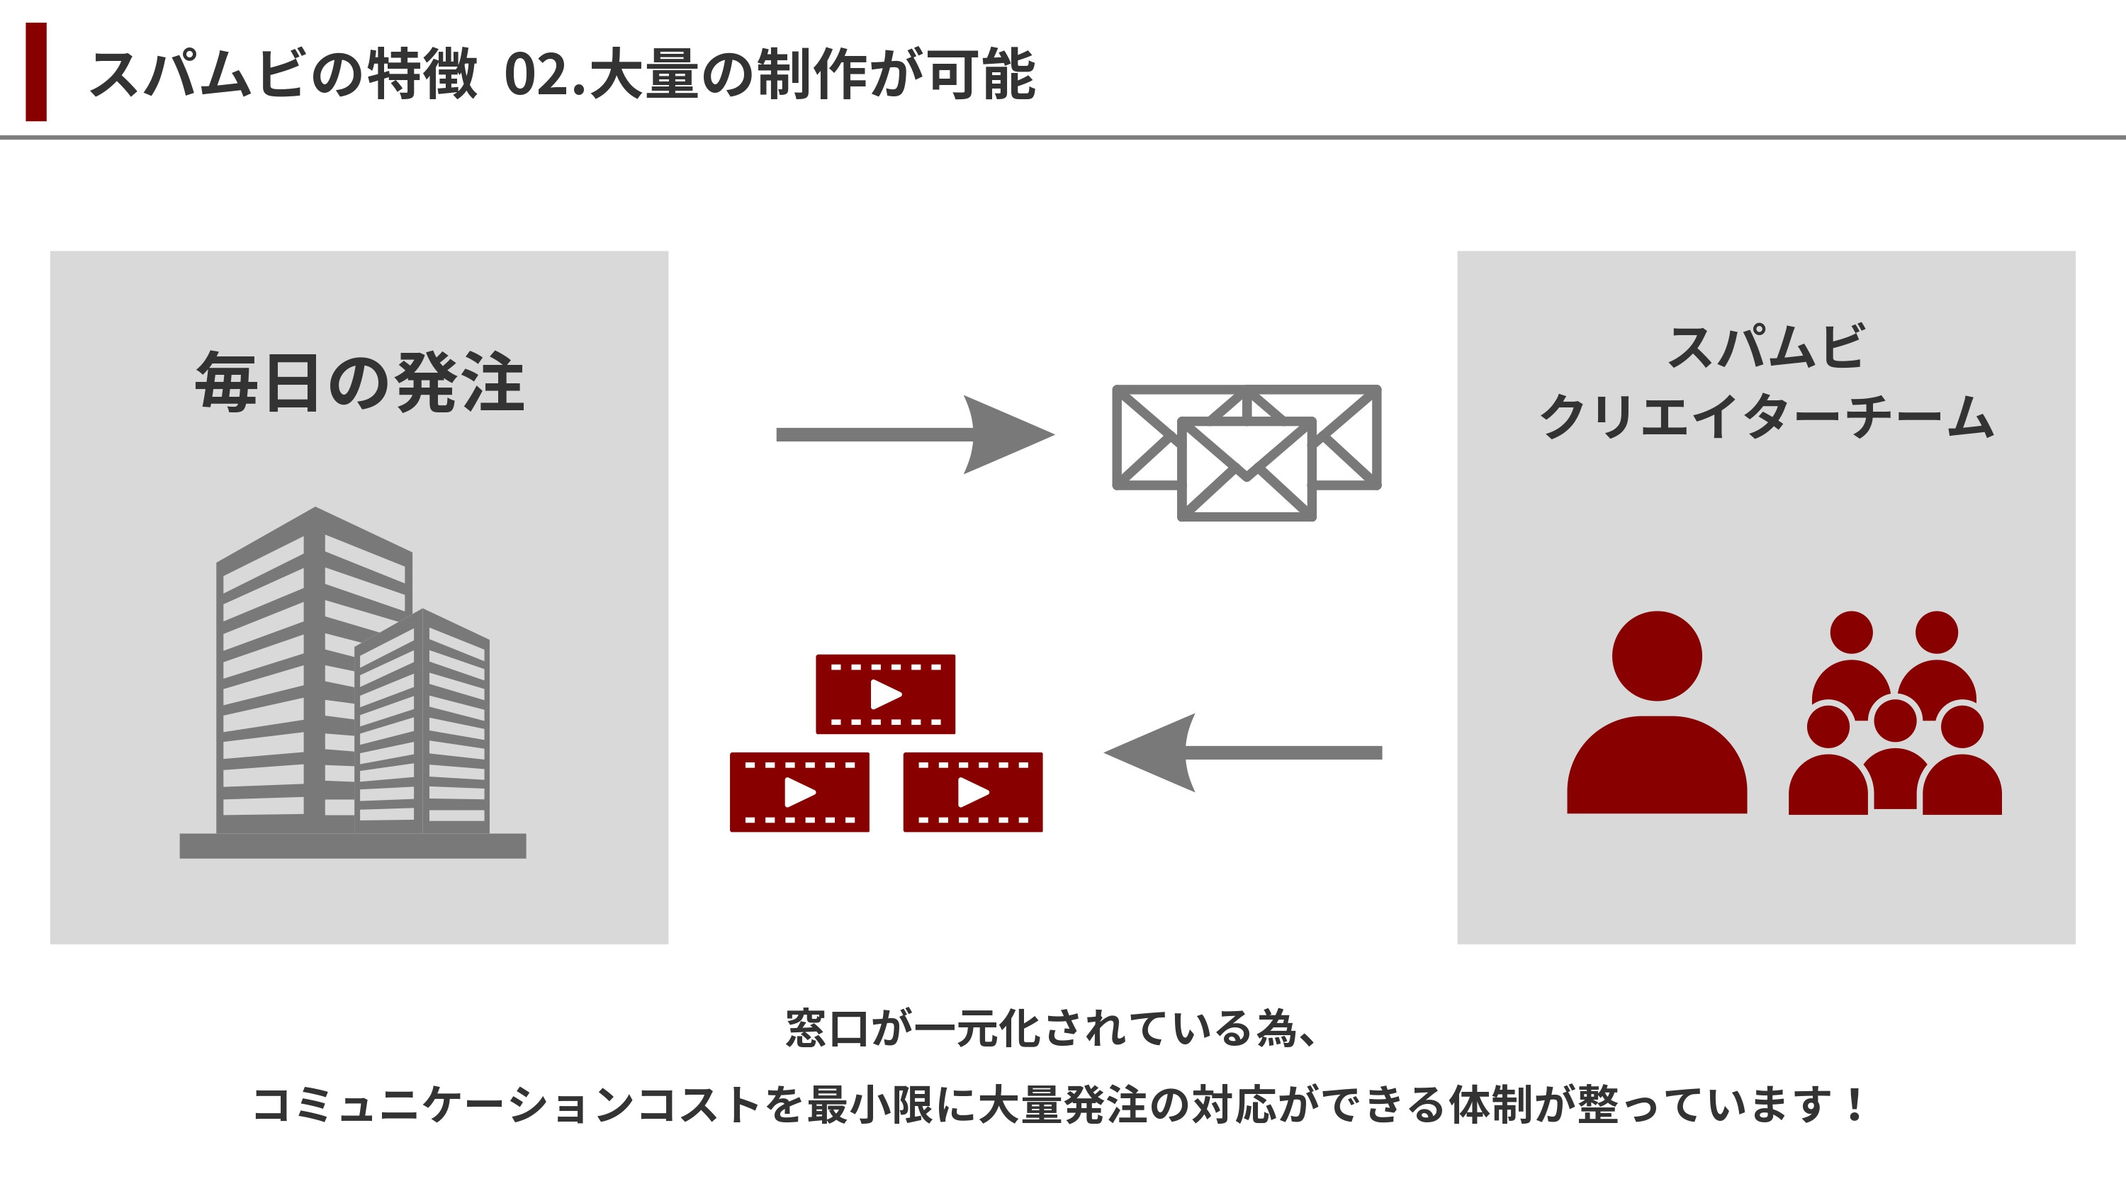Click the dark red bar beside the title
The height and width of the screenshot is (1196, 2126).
coord(36,72)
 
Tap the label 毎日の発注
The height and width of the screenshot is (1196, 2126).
coord(359,382)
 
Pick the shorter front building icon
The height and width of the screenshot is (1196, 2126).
coord(422,726)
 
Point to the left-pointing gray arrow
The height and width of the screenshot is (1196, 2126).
coord(1242,752)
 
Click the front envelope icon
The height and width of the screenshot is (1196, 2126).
coord(1247,469)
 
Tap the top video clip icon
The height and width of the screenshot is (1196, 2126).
coord(886,694)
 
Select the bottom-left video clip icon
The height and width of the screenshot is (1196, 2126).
coord(799,791)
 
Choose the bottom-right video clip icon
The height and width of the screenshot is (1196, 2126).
coord(973,791)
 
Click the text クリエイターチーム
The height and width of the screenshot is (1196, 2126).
coord(1766,416)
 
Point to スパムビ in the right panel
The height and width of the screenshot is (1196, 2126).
coord(1766,346)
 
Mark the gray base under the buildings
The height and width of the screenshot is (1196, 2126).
coord(352,846)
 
